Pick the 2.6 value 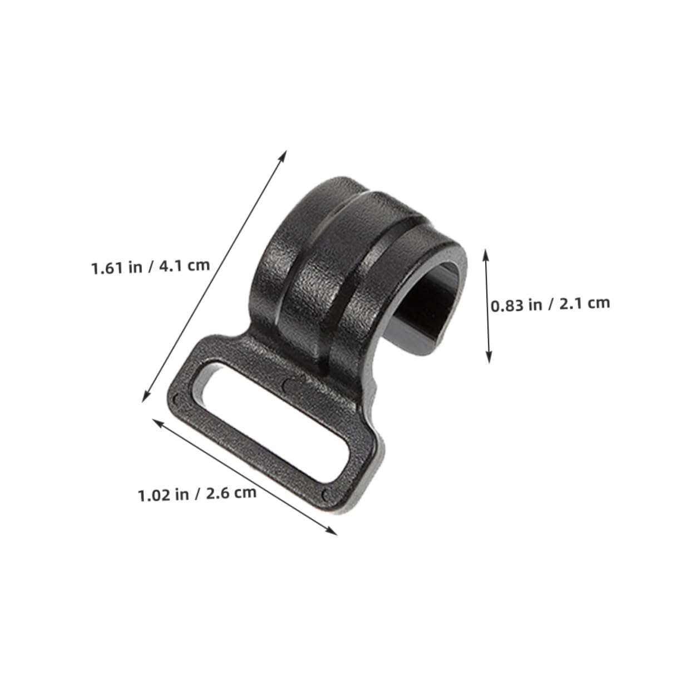click(x=218, y=494)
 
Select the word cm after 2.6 click(x=245, y=493)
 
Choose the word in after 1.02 click(x=182, y=495)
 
